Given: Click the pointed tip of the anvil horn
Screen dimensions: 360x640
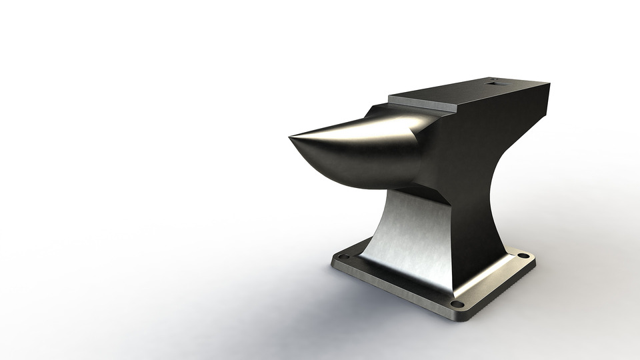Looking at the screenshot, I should coord(291,138).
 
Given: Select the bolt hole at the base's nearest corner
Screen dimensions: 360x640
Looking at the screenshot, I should coord(457,304).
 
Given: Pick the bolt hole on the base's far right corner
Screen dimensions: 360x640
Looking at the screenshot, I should coord(523,256).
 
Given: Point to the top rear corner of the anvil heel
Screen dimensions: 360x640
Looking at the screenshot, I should coord(549,83).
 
